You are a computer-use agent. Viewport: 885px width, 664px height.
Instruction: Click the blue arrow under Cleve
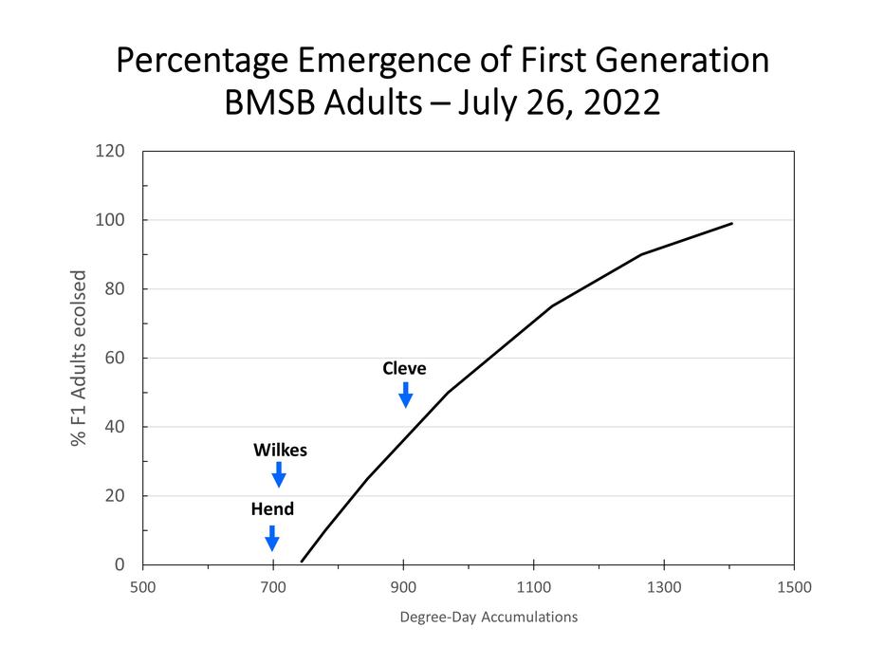[x=405, y=395]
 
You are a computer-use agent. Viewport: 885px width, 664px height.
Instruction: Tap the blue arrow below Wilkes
[x=279, y=474]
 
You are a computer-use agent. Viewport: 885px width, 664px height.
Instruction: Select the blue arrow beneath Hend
[x=272, y=538]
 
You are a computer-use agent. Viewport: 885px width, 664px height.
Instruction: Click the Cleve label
[x=404, y=368]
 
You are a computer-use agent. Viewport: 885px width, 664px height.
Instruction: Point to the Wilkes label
[x=280, y=450]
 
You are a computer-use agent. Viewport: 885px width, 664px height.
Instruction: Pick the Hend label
[x=272, y=509]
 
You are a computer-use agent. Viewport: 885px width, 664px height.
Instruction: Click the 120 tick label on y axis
[x=113, y=151]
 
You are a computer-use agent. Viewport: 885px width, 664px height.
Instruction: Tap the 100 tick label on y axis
[x=113, y=220]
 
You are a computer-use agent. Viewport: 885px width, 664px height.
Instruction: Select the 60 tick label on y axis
[x=117, y=358]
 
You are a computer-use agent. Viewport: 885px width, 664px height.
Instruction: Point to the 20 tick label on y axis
[x=117, y=495]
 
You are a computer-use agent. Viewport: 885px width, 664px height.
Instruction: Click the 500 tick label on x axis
[x=142, y=586]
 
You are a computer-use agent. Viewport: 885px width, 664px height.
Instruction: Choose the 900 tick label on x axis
[x=403, y=586]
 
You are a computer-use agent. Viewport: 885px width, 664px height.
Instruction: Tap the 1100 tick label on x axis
[x=533, y=586]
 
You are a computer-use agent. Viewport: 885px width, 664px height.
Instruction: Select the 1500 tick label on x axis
[x=793, y=586]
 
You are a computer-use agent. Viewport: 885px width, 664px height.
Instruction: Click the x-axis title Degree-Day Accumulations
[x=489, y=618]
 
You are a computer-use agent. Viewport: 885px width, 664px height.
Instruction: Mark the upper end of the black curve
[x=731, y=224]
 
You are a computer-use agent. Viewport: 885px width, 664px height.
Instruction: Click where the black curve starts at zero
[x=302, y=562]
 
